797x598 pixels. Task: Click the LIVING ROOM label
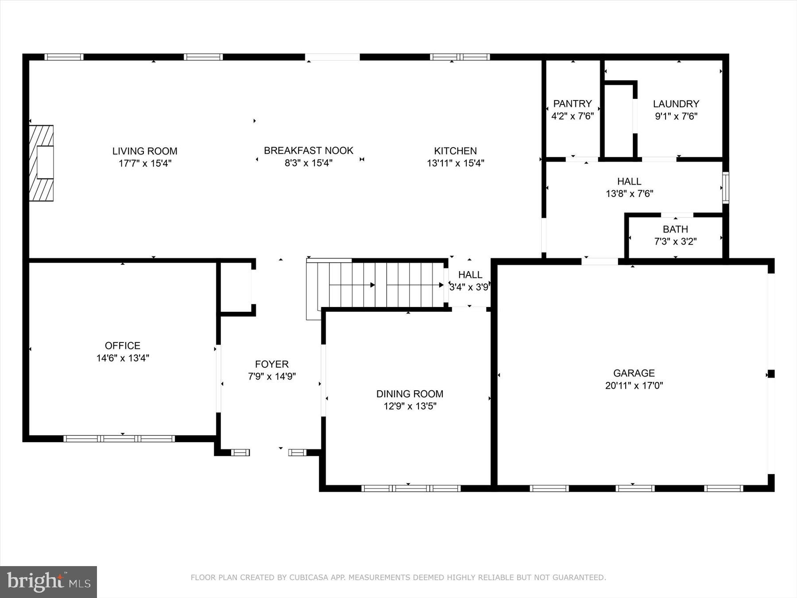144,151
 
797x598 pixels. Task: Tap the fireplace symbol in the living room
42,163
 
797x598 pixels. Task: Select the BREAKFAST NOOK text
308,151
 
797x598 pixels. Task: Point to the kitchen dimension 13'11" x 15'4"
455,163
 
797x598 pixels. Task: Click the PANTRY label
572,104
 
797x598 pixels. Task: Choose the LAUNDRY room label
676,104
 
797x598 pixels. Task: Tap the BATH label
675,229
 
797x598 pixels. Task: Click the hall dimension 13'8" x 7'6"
629,194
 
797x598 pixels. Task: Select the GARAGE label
634,373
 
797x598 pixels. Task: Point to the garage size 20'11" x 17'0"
634,385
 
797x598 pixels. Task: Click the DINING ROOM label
410,394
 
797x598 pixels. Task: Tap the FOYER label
271,364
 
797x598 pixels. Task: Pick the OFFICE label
123,346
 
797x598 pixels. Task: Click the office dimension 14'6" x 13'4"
123,358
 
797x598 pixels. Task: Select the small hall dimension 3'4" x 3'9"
469,287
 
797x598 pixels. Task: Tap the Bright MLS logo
48,582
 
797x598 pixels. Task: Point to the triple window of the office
119,439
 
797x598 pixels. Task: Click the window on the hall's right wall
725,187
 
